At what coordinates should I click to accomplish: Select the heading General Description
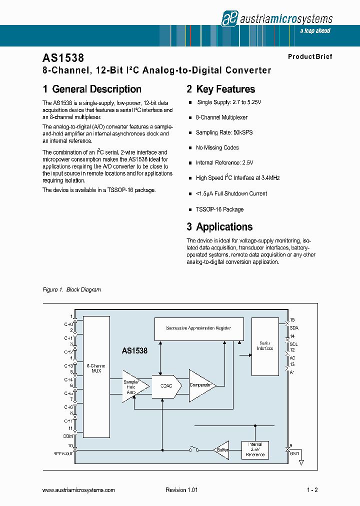click(x=92, y=89)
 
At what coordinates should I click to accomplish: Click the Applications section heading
click(x=219, y=227)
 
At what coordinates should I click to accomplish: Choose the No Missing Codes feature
click(x=217, y=148)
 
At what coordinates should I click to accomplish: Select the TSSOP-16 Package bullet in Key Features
click(x=219, y=209)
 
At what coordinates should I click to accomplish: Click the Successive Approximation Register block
click(x=198, y=328)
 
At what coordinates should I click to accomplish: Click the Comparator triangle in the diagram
click(x=201, y=385)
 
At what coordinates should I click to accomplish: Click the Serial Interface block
click(x=265, y=346)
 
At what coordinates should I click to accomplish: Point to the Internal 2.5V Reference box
click(x=255, y=449)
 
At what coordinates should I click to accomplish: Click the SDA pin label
click(x=293, y=327)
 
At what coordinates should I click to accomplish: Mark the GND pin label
click(x=294, y=453)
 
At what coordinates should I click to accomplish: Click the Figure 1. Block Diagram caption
click(x=71, y=290)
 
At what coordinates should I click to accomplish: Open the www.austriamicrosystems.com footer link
click(x=79, y=490)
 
